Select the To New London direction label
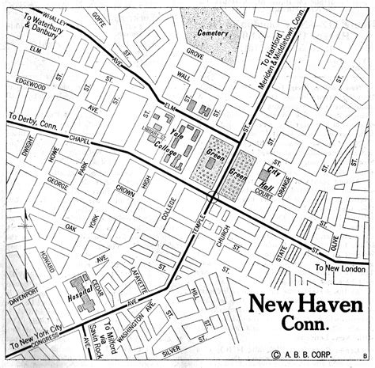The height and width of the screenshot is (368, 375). point(336,267)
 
